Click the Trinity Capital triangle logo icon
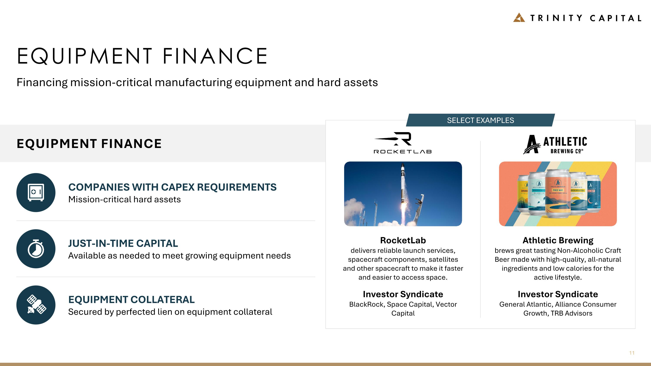(x=519, y=18)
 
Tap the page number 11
(x=631, y=353)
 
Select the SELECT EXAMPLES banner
(x=480, y=120)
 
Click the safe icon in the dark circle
(x=36, y=192)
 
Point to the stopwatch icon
(x=36, y=249)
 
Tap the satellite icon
(x=36, y=305)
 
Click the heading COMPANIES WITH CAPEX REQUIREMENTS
(x=172, y=187)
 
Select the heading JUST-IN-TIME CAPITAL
(x=123, y=243)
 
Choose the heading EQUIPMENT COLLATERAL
(x=132, y=300)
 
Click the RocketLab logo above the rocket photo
(x=403, y=143)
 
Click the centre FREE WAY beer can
(x=558, y=193)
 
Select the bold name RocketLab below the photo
(x=403, y=240)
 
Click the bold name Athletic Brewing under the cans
(x=558, y=240)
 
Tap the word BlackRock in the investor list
(x=367, y=304)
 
